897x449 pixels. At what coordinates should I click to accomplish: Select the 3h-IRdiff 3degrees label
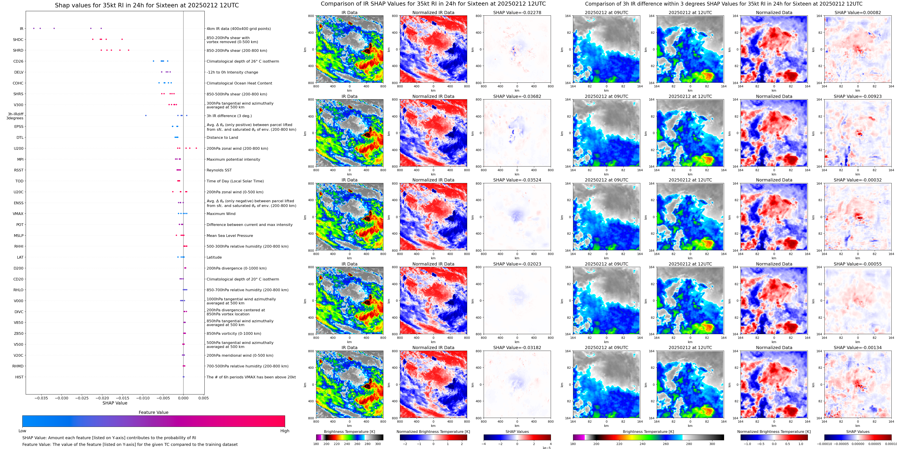pos(15,116)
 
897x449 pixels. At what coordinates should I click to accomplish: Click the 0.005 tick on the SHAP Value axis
pos(204,398)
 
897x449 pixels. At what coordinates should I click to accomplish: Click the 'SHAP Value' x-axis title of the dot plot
pos(115,403)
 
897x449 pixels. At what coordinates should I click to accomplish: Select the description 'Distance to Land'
pos(222,138)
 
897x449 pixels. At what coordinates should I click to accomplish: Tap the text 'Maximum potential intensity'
pos(233,160)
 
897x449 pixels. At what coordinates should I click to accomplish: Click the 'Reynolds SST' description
pos(219,170)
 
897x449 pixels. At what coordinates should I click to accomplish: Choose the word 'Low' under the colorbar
pos(22,431)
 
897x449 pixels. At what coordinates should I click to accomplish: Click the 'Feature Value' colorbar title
pos(153,412)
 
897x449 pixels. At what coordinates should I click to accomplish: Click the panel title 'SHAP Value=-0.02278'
pos(517,13)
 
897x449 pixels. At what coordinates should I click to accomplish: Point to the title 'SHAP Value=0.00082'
pos(858,13)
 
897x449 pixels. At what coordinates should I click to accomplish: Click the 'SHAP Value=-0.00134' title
pos(858,348)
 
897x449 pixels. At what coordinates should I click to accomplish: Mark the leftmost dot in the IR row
pos(34,28)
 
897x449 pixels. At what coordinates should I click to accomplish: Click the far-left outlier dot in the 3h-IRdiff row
pos(146,115)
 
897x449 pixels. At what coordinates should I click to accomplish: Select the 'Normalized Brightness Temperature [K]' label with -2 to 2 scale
pos(433,432)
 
